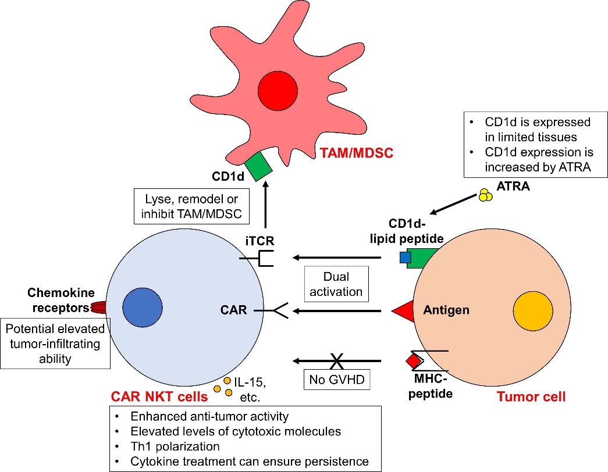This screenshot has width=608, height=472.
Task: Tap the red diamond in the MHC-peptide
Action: (413, 361)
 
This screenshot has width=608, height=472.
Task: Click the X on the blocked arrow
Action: (336, 360)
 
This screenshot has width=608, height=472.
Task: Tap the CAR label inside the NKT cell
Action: (234, 310)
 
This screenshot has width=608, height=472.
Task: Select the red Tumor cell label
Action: (531, 398)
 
